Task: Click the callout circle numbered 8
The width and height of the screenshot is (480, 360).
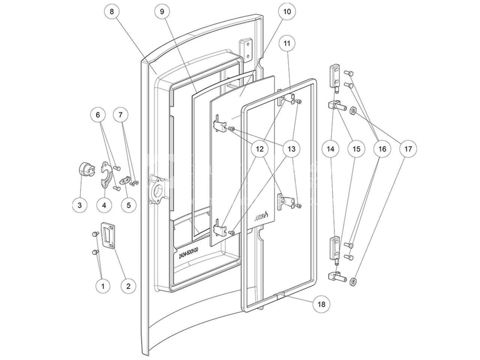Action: [111, 12]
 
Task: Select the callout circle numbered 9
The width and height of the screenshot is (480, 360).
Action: [162, 12]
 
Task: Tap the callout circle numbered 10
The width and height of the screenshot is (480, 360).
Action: [287, 12]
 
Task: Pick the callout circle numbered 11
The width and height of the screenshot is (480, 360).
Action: [287, 43]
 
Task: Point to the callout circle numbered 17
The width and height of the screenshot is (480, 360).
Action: [408, 149]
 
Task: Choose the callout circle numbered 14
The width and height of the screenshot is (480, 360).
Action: [330, 149]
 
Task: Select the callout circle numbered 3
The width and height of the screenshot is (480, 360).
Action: [79, 205]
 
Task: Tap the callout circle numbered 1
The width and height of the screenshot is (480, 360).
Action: [103, 286]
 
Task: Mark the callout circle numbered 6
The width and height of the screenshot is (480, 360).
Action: [98, 115]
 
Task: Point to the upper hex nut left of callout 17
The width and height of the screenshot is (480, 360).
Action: [353, 110]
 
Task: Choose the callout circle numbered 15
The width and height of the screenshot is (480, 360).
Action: [356, 149]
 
